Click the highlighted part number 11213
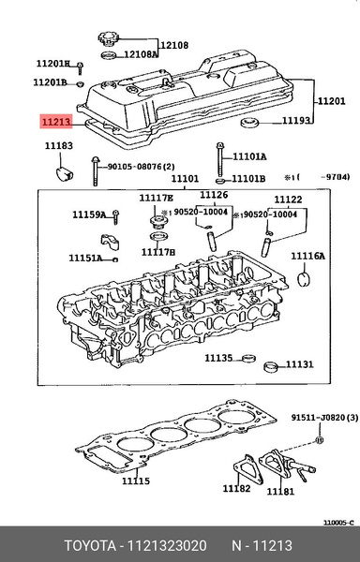(x=53, y=121)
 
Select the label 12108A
(x=141, y=55)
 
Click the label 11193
(x=297, y=121)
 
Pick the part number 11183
(x=58, y=146)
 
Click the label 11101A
(x=250, y=156)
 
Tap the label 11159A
(x=89, y=215)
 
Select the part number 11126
(x=213, y=195)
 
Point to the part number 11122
(x=287, y=200)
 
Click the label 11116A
(x=307, y=256)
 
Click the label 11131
(x=299, y=364)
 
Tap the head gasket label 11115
(x=136, y=481)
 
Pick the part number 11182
(x=236, y=489)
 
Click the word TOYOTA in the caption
(x=89, y=544)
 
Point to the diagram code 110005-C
(x=338, y=522)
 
